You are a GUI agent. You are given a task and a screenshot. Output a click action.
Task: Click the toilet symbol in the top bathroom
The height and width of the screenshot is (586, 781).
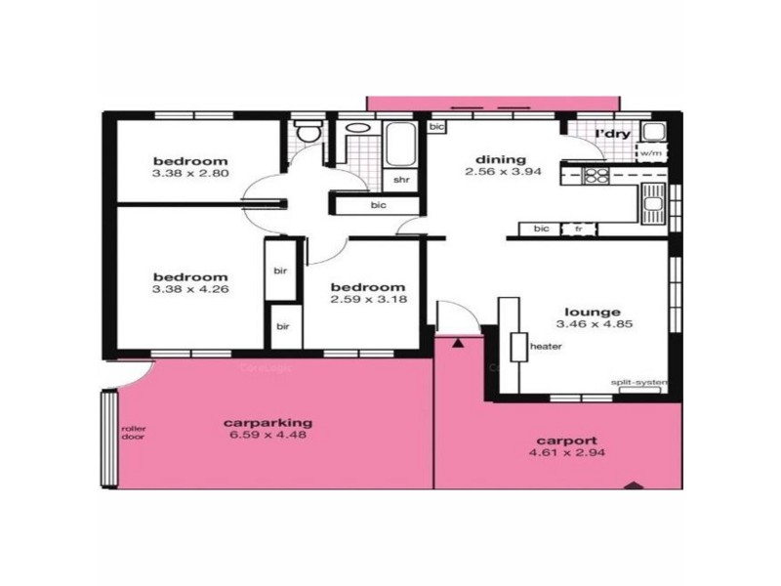coord(309,132)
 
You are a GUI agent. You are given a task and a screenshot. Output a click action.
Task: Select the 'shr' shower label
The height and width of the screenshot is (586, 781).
coord(400,180)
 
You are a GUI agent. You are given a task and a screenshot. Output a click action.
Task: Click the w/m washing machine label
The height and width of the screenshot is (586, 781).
coord(650,152)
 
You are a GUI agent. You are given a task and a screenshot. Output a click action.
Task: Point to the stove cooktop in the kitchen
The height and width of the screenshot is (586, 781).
coord(596,176)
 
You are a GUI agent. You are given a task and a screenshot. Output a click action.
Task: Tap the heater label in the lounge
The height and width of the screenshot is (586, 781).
coord(544,346)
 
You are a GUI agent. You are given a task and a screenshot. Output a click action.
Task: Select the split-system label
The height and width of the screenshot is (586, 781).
coord(636,382)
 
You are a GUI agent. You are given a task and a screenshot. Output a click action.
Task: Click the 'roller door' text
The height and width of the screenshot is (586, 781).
coord(132,433)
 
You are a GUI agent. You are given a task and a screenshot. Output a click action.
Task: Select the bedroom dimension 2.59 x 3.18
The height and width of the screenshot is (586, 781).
coord(367,300)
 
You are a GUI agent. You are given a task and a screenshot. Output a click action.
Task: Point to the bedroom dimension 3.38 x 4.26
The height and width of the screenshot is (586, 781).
coord(189,289)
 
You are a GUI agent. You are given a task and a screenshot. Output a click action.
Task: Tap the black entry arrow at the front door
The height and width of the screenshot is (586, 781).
coord(457,341)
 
